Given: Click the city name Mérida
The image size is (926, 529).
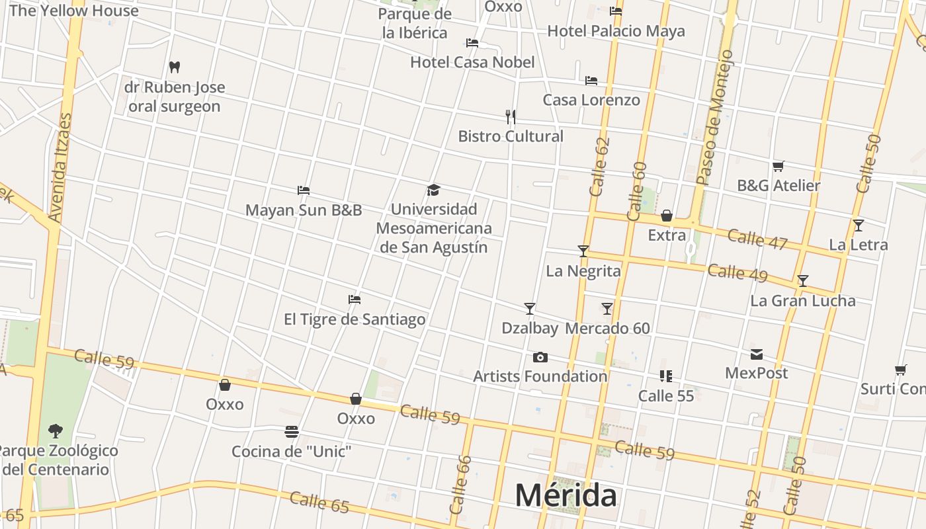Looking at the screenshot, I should pos(566,495).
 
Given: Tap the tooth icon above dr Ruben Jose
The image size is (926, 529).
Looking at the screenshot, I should pos(175,67).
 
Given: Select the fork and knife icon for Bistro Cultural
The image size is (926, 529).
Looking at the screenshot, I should pos(510,117).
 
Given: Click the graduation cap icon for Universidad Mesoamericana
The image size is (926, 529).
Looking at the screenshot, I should pos(433,190).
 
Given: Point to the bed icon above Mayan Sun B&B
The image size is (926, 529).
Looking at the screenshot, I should pos(304,190).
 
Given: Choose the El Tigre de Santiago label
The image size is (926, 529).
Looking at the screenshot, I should pos(355,319).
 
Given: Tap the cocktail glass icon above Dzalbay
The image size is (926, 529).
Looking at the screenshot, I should pos(529,308).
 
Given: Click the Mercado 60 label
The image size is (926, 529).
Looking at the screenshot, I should pos(607,328).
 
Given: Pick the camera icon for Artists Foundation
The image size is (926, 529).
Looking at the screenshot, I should pos(540,358).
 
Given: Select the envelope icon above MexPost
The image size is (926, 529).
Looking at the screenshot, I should pos(756,354).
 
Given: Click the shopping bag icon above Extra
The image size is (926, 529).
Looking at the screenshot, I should pos(667,216).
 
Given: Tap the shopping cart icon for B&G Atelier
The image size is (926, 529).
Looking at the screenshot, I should pos(779,166).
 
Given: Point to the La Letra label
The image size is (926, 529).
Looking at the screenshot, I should pos(858,245).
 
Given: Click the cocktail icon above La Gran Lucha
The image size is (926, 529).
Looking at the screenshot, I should pos(802,281).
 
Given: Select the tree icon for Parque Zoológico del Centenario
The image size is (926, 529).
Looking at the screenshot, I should pos(56,431).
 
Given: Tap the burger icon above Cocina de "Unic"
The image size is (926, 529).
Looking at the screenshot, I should pos(291,432).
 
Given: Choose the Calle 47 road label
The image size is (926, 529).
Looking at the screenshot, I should pos(757,239).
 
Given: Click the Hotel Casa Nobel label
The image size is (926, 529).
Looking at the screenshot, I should pos(472,62).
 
